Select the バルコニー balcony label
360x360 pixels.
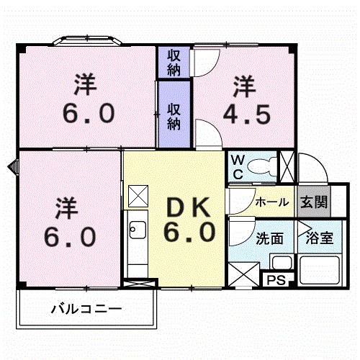click(x=86, y=310)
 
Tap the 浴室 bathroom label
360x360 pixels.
click(x=318, y=238)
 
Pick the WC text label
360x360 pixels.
click(x=236, y=167)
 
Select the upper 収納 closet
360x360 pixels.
click(x=174, y=62)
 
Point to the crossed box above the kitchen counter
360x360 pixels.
click(x=137, y=195)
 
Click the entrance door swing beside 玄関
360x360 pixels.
click(x=314, y=171)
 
